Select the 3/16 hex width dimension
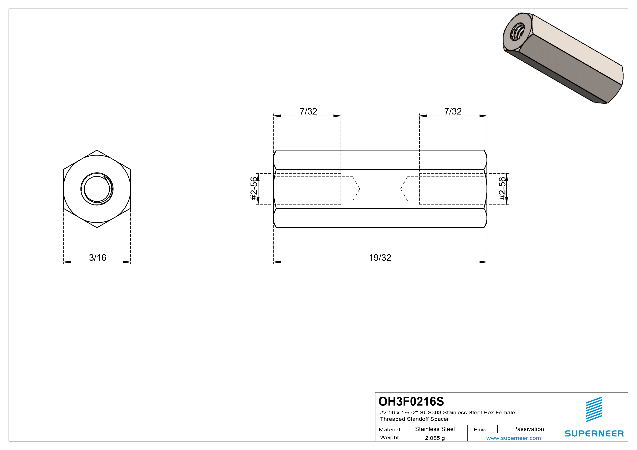[97, 258]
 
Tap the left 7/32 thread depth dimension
[308, 111]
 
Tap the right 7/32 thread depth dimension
[453, 111]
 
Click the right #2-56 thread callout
[502, 189]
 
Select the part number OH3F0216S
[411, 401]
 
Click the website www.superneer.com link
[513, 438]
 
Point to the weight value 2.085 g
[435, 438]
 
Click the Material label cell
[389, 429]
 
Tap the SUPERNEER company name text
[594, 433]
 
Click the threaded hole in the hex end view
[97, 189]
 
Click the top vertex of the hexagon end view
[97, 150]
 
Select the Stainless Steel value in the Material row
[435, 429]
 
